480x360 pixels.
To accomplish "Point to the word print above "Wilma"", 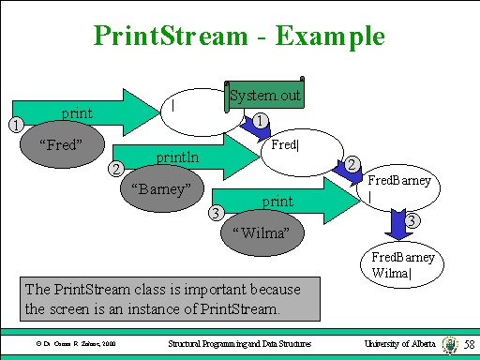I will (277, 201).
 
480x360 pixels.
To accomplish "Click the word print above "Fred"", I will (77, 112).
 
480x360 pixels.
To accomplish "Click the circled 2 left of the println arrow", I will (115, 169).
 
